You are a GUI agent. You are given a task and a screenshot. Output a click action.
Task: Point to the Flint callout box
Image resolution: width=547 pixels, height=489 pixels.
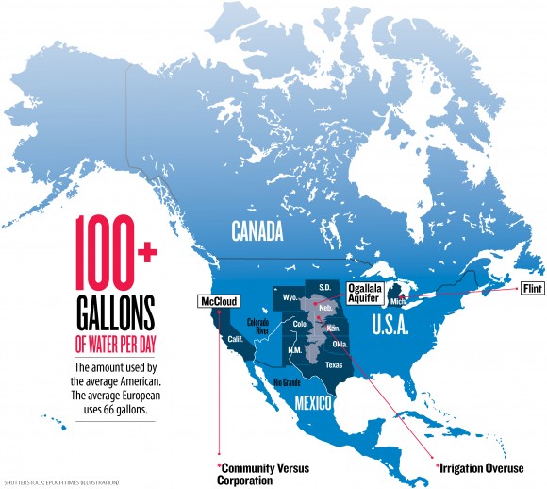click(x=533, y=283)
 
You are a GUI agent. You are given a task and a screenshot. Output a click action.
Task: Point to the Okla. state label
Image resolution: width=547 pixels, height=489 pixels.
click(x=339, y=344)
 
